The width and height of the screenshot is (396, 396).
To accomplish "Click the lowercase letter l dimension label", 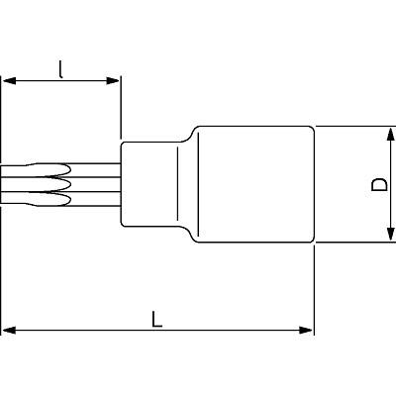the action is [60, 69].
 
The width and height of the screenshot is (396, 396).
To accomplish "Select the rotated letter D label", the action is [379, 184].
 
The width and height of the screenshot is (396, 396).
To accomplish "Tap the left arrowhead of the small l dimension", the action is [9, 80].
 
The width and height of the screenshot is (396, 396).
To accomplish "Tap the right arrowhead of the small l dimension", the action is [113, 80].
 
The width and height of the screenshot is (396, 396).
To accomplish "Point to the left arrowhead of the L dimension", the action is [9, 330].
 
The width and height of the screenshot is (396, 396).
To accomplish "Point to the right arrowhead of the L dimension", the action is [306, 330].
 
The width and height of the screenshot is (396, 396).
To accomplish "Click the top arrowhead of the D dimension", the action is [390, 136].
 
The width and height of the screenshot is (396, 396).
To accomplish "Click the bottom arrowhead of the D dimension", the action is [390, 234].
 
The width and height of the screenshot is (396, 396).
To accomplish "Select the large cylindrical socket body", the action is [255, 184].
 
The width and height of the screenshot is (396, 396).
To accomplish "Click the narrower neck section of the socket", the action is [150, 184].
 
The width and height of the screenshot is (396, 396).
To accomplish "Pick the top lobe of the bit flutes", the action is [52, 169].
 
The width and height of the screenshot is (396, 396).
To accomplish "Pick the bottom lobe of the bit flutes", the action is [52, 200].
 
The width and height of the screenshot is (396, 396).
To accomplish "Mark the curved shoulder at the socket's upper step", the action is [190, 134].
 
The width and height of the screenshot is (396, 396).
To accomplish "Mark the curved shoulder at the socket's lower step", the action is [190, 235].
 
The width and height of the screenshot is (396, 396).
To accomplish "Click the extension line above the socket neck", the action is [121, 107].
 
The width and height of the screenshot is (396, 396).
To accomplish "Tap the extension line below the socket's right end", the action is [314, 291].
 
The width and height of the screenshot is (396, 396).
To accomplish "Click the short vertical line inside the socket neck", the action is [177, 184].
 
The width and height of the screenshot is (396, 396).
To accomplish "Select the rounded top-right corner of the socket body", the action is [312, 128].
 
